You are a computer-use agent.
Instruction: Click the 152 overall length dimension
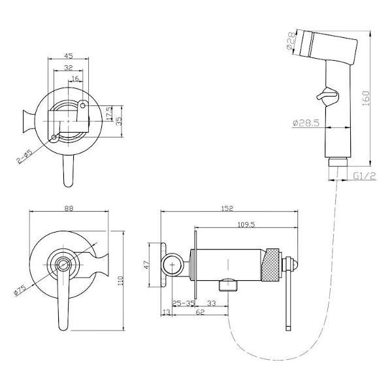pos(227,208)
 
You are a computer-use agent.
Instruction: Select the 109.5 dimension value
pos(246,225)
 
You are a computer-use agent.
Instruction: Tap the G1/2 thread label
pos(365,176)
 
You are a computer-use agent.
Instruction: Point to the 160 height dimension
pos(366,98)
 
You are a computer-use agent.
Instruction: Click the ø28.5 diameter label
pos(306,123)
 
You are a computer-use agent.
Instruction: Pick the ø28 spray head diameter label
pos(291,41)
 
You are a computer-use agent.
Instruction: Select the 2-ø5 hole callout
pos(25,157)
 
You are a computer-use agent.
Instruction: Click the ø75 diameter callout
pos(20,290)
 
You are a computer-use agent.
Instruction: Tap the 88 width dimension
pos(69,208)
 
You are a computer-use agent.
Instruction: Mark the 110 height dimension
pos(120,281)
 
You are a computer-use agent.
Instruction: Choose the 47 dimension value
pos(146,265)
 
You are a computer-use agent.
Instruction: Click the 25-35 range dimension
pos(184,303)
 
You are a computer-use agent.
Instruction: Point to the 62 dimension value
pos(201,312)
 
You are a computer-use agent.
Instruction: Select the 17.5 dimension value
pos(109,114)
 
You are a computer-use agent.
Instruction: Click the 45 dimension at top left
pos(68,56)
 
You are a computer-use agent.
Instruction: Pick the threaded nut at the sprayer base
pos(338,162)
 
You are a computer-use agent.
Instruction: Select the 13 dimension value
pos(166,312)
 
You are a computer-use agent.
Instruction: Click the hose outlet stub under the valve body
pos(228,286)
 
